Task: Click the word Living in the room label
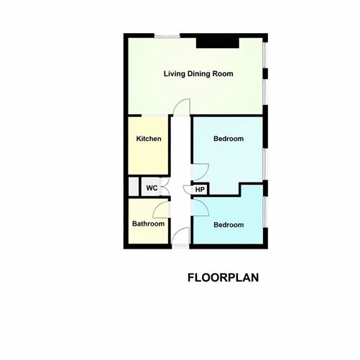175,74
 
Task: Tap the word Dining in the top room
200,74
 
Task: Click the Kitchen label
149,139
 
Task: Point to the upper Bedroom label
229,139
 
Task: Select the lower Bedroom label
229,225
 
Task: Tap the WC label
152,188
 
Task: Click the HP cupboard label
200,190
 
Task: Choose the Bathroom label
148,224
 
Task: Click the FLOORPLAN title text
223,277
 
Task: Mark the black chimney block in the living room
218,42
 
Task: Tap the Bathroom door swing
162,209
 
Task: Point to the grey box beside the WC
132,187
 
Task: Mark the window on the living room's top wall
167,35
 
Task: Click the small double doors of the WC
164,188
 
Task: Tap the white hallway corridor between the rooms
182,158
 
